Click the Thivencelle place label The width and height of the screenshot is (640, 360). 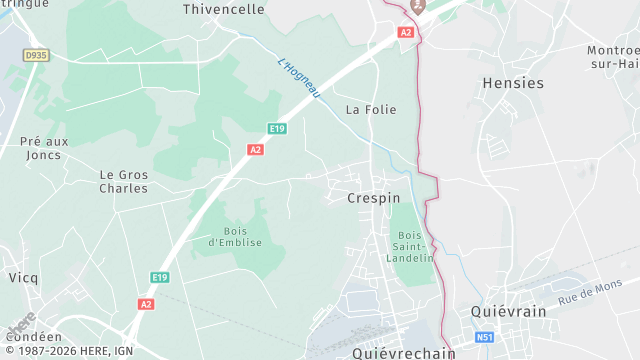tap(224, 9)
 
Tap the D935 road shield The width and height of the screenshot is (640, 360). tap(36, 56)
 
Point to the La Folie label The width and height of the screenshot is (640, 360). tap(371, 109)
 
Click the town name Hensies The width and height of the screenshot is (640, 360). tap(513, 83)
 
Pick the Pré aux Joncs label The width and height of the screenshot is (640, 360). tap(44, 148)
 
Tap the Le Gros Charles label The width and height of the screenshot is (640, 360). tap(124, 181)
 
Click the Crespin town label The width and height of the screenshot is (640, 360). tap(373, 198)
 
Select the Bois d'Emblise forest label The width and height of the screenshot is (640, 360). tap(235, 236)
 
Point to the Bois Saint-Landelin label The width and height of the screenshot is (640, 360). tap(409, 246)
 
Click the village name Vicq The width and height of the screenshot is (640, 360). tap(23, 276)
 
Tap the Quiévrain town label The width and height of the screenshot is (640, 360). tap(509, 311)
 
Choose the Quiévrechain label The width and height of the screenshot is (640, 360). tap(404, 353)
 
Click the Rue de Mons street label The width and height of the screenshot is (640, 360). tap(590, 293)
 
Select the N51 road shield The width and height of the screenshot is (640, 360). tap(484, 338)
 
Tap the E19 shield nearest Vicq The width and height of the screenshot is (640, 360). tap(159, 277)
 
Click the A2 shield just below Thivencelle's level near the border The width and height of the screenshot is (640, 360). tap(405, 32)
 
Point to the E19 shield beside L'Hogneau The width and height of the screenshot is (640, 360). tap(278, 128)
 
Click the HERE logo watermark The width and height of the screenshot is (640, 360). tap(20, 326)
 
